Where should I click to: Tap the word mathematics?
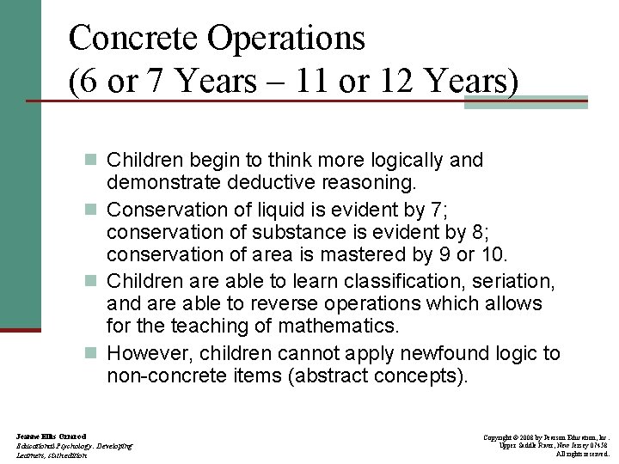tap(345, 326)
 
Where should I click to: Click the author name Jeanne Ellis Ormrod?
tap(50, 437)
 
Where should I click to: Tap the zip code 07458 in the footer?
tap(597, 446)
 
